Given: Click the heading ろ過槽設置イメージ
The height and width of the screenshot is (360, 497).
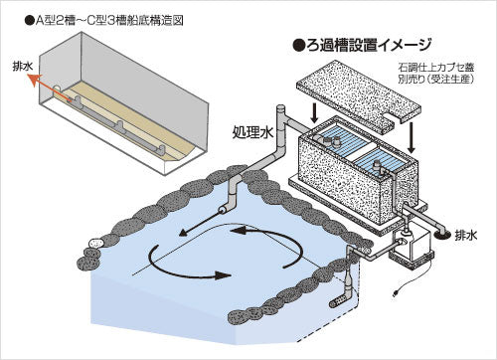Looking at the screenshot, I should click(367, 46).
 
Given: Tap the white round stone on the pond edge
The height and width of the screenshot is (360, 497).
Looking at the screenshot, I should click(95, 242).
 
